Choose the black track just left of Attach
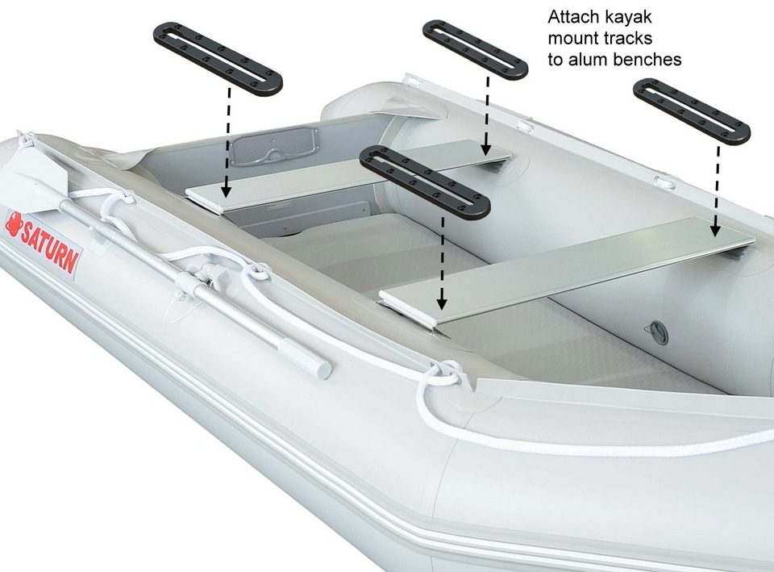click(x=475, y=49)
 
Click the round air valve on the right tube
click(x=660, y=330)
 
